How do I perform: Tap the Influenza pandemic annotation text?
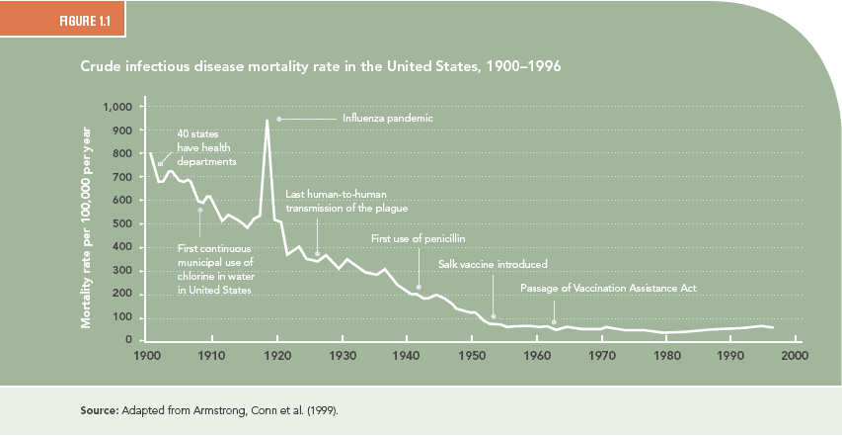pos(388,119)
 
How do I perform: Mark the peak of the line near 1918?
pos(267,121)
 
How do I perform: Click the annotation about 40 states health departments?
pos(206,146)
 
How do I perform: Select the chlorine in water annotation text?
pos(215,269)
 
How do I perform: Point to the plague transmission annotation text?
pos(346,201)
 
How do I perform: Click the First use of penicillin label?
pos(418,238)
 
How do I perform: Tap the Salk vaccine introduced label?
pos(493,264)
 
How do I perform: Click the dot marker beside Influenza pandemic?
pos(279,119)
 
